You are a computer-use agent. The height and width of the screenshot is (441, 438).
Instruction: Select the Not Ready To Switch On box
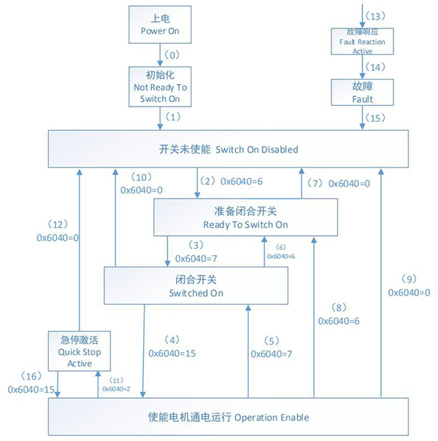[160, 86]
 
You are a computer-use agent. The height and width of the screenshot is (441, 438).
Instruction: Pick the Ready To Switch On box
[245, 218]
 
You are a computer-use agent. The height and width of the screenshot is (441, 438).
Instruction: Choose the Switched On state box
[196, 285]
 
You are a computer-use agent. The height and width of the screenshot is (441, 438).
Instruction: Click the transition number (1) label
[172, 117]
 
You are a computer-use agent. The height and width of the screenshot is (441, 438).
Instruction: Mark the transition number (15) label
[374, 118]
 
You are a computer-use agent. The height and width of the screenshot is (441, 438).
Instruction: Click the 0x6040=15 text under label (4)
[173, 353]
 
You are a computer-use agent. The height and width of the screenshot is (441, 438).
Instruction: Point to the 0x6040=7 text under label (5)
[272, 353]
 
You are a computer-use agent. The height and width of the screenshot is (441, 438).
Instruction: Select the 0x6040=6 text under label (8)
[339, 321]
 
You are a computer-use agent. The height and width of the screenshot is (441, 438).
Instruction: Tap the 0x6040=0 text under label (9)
[409, 292]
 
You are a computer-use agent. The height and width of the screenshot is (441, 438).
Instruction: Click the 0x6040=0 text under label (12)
[57, 237]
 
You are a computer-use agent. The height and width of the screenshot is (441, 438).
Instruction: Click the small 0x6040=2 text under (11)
[115, 388]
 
